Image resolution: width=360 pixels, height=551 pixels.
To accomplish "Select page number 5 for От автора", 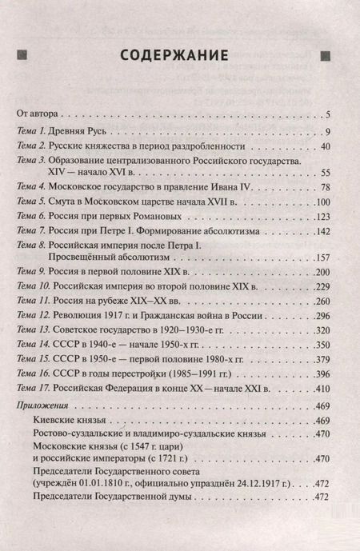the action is coord(328,114).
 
